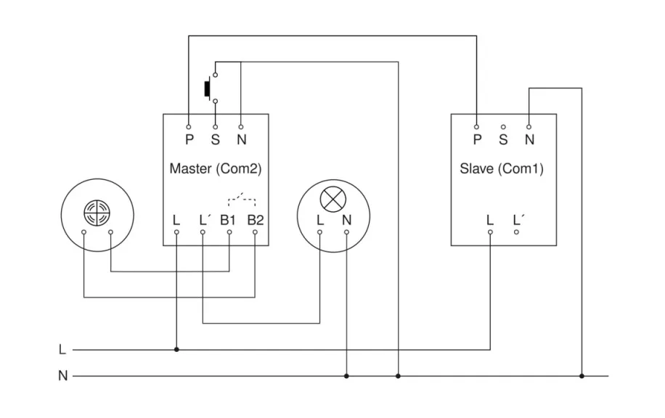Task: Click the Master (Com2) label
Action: (215, 168)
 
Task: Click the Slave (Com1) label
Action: (502, 169)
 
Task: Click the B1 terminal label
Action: (229, 219)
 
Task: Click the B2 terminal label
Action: (255, 219)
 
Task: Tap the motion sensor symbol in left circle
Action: (97, 211)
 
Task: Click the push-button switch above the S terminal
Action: (209, 88)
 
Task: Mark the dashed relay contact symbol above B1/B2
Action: (242, 199)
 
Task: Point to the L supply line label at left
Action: (62, 350)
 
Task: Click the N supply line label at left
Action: (62, 376)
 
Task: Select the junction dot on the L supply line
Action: (176, 349)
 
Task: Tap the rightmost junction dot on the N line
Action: (582, 376)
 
